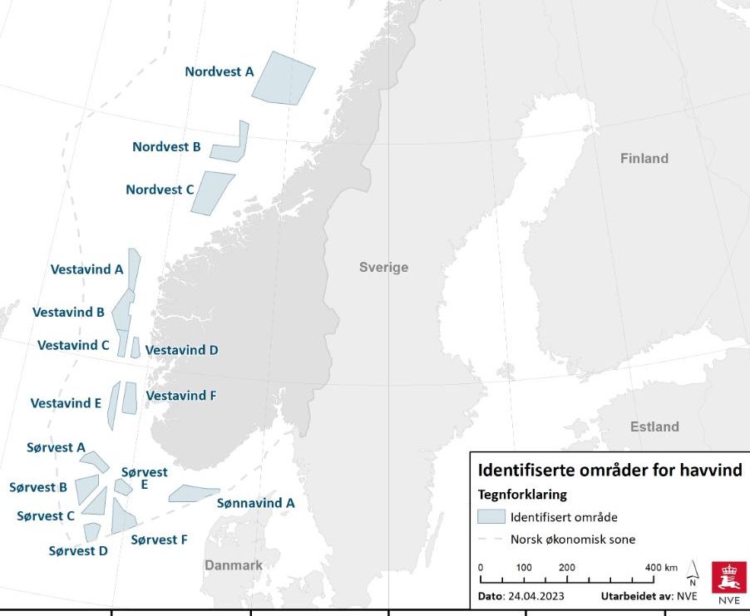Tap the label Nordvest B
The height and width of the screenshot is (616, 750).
point(166,147)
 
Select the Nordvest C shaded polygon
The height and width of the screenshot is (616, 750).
point(211,192)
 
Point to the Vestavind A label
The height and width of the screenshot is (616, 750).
point(86,269)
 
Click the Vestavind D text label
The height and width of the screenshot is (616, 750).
point(181,350)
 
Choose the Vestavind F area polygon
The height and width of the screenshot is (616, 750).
point(129,397)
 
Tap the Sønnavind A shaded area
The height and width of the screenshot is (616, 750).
point(193,494)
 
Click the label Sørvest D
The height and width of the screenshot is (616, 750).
point(78,550)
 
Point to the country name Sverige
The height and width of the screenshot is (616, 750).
point(383,267)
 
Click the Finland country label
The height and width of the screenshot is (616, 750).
point(644,158)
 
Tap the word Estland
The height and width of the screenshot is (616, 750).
point(654,426)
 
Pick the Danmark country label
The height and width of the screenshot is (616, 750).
point(234,565)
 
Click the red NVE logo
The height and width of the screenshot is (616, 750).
point(728,581)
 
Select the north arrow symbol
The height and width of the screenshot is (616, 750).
point(693,573)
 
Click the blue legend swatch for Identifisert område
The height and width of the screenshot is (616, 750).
point(491,516)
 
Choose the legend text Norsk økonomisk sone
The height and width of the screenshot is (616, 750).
point(573,540)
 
